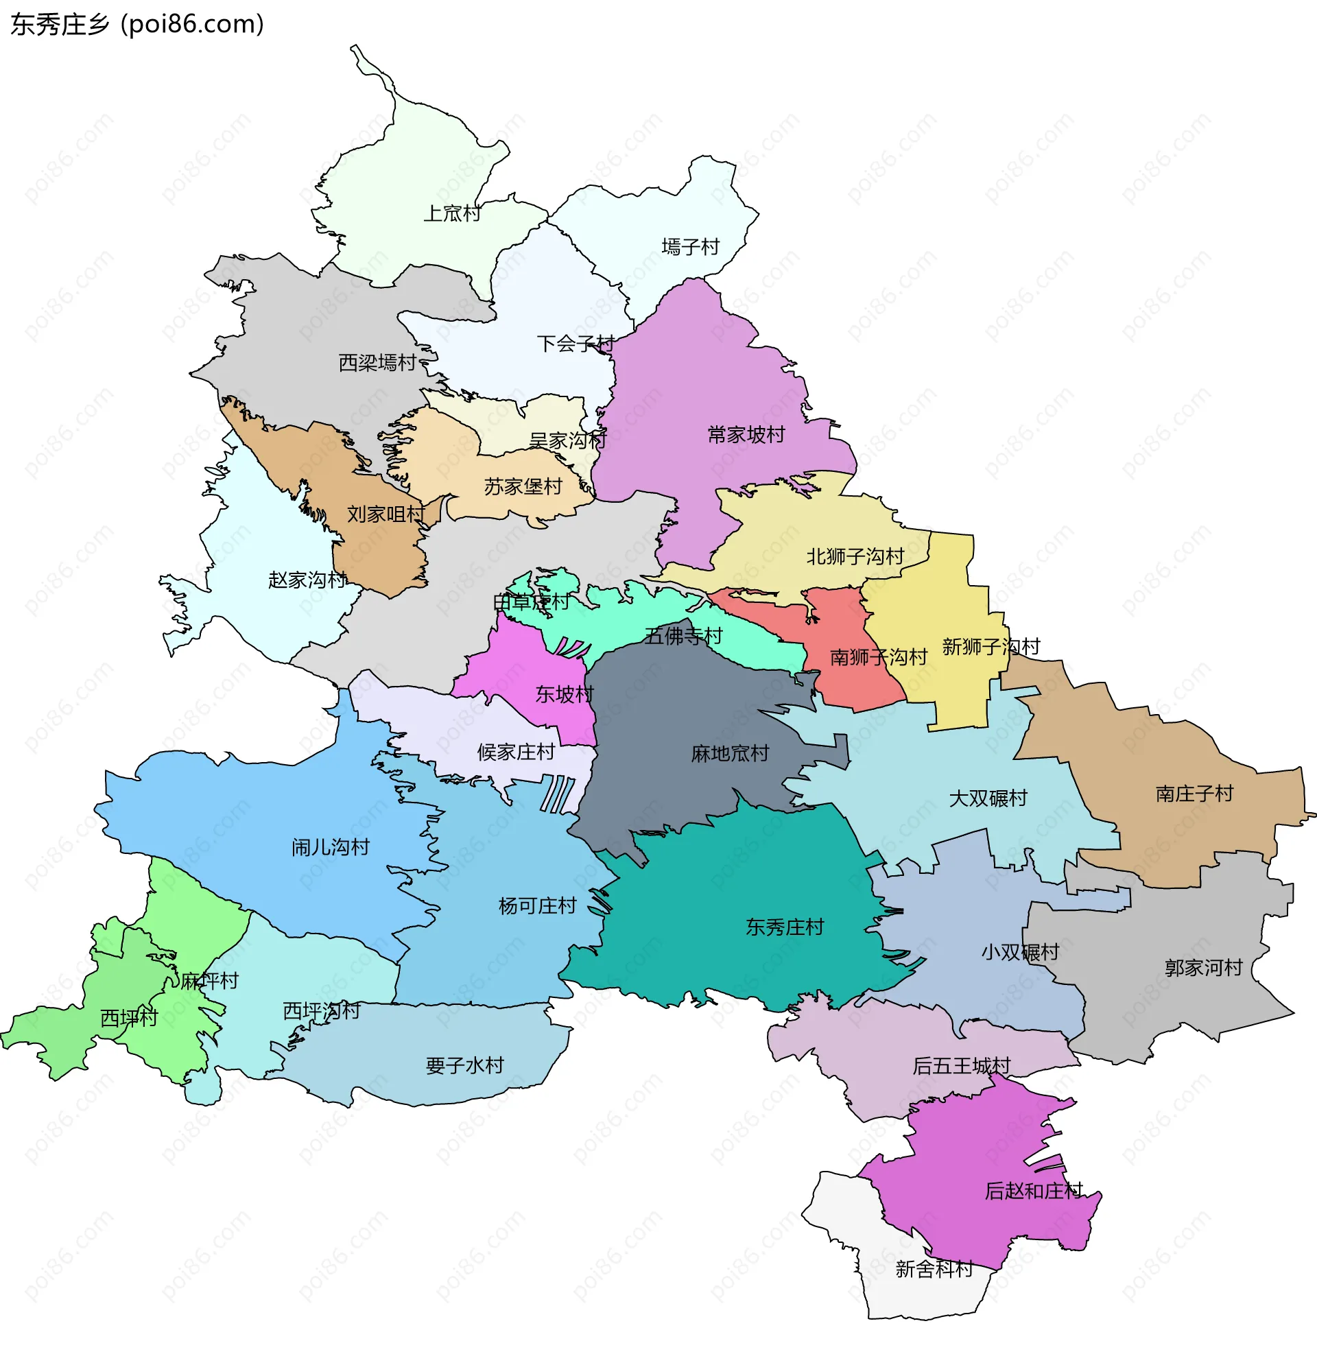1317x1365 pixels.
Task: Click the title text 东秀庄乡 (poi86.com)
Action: click(137, 25)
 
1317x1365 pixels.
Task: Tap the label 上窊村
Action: click(452, 213)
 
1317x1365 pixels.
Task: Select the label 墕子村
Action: click(689, 246)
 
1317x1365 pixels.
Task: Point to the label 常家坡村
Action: click(746, 435)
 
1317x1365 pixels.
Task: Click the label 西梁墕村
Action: click(377, 362)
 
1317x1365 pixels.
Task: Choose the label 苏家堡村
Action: click(523, 486)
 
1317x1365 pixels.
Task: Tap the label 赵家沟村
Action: click(307, 580)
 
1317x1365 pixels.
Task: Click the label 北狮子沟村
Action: click(855, 556)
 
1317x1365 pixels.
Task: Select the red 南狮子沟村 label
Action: click(877, 656)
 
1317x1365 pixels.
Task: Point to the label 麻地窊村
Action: click(729, 753)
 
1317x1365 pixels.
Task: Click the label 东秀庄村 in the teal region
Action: click(784, 927)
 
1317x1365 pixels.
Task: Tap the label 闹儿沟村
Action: click(330, 847)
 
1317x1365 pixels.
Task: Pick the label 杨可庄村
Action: click(537, 905)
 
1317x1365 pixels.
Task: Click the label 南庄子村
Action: click(1194, 793)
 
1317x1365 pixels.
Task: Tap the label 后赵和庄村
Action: click(1033, 1191)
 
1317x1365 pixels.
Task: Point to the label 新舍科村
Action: click(934, 1269)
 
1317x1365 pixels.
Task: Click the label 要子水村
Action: click(464, 1065)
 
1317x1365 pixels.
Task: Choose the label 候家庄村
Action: click(515, 752)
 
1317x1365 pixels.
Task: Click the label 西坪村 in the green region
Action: click(129, 1018)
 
